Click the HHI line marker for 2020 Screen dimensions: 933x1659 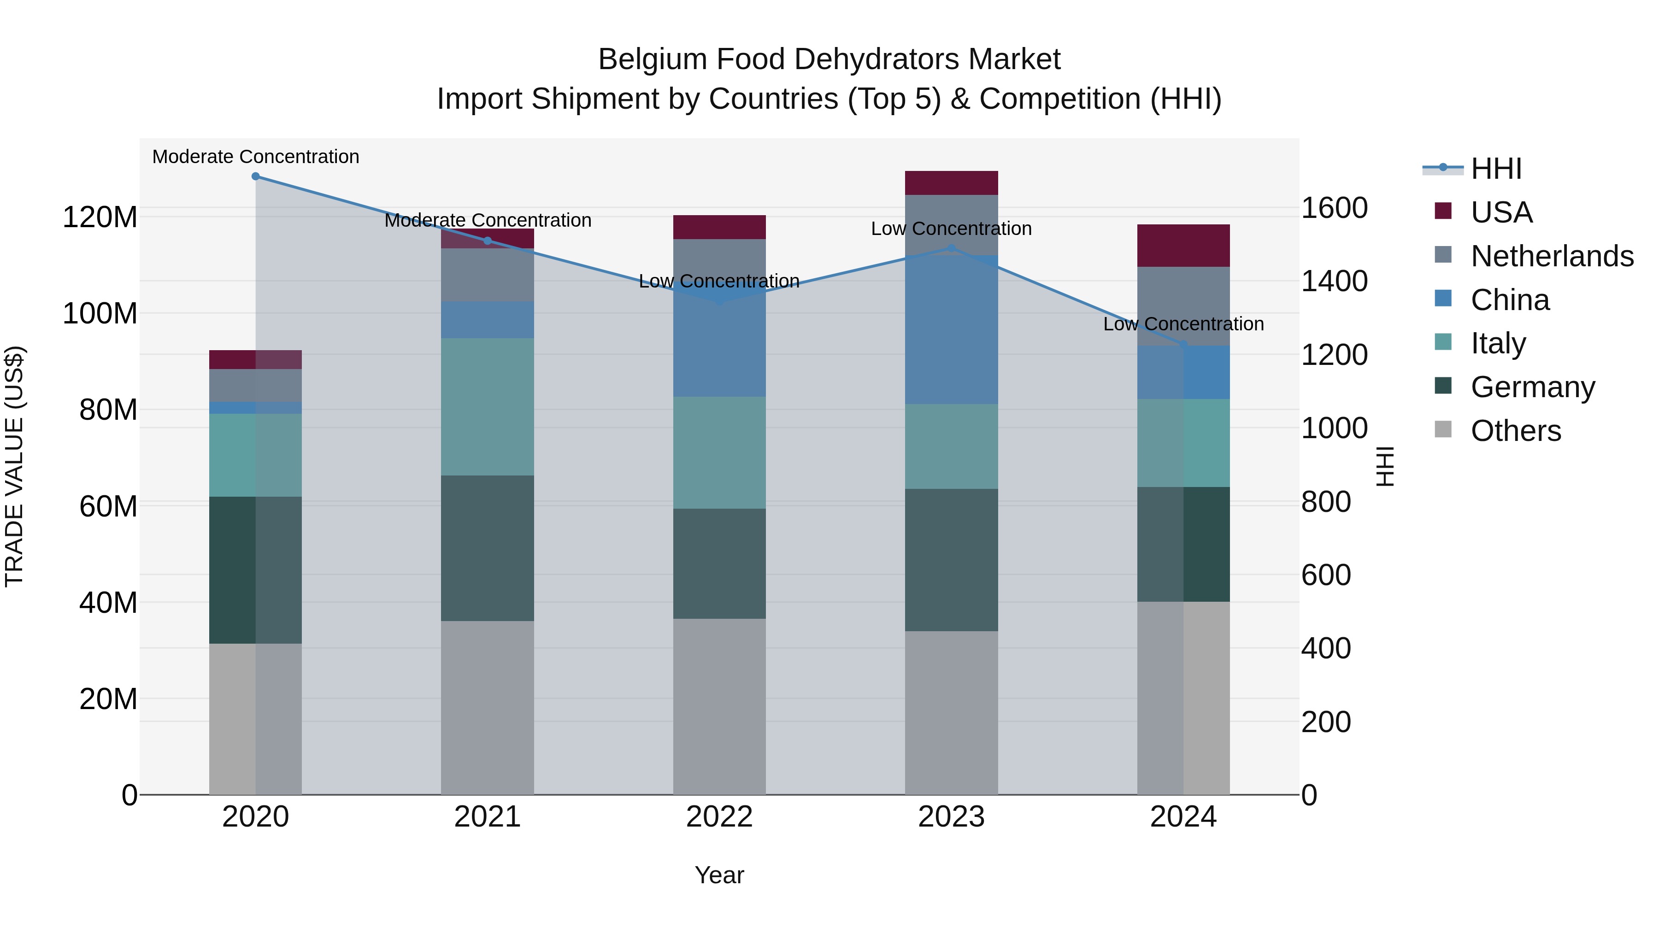tap(256, 176)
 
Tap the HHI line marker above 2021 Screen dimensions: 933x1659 tap(488, 241)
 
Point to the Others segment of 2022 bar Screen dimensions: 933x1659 tap(719, 706)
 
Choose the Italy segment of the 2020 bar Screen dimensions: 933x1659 tap(256, 455)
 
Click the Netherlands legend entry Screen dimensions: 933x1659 tap(1552, 256)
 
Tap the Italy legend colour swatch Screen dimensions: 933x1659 tap(1443, 342)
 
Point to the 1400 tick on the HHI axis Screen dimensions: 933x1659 tap(1335, 282)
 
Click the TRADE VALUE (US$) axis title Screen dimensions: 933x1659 tap(14, 466)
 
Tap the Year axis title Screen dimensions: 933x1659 tap(719, 875)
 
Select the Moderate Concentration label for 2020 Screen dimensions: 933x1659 tap(256, 157)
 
